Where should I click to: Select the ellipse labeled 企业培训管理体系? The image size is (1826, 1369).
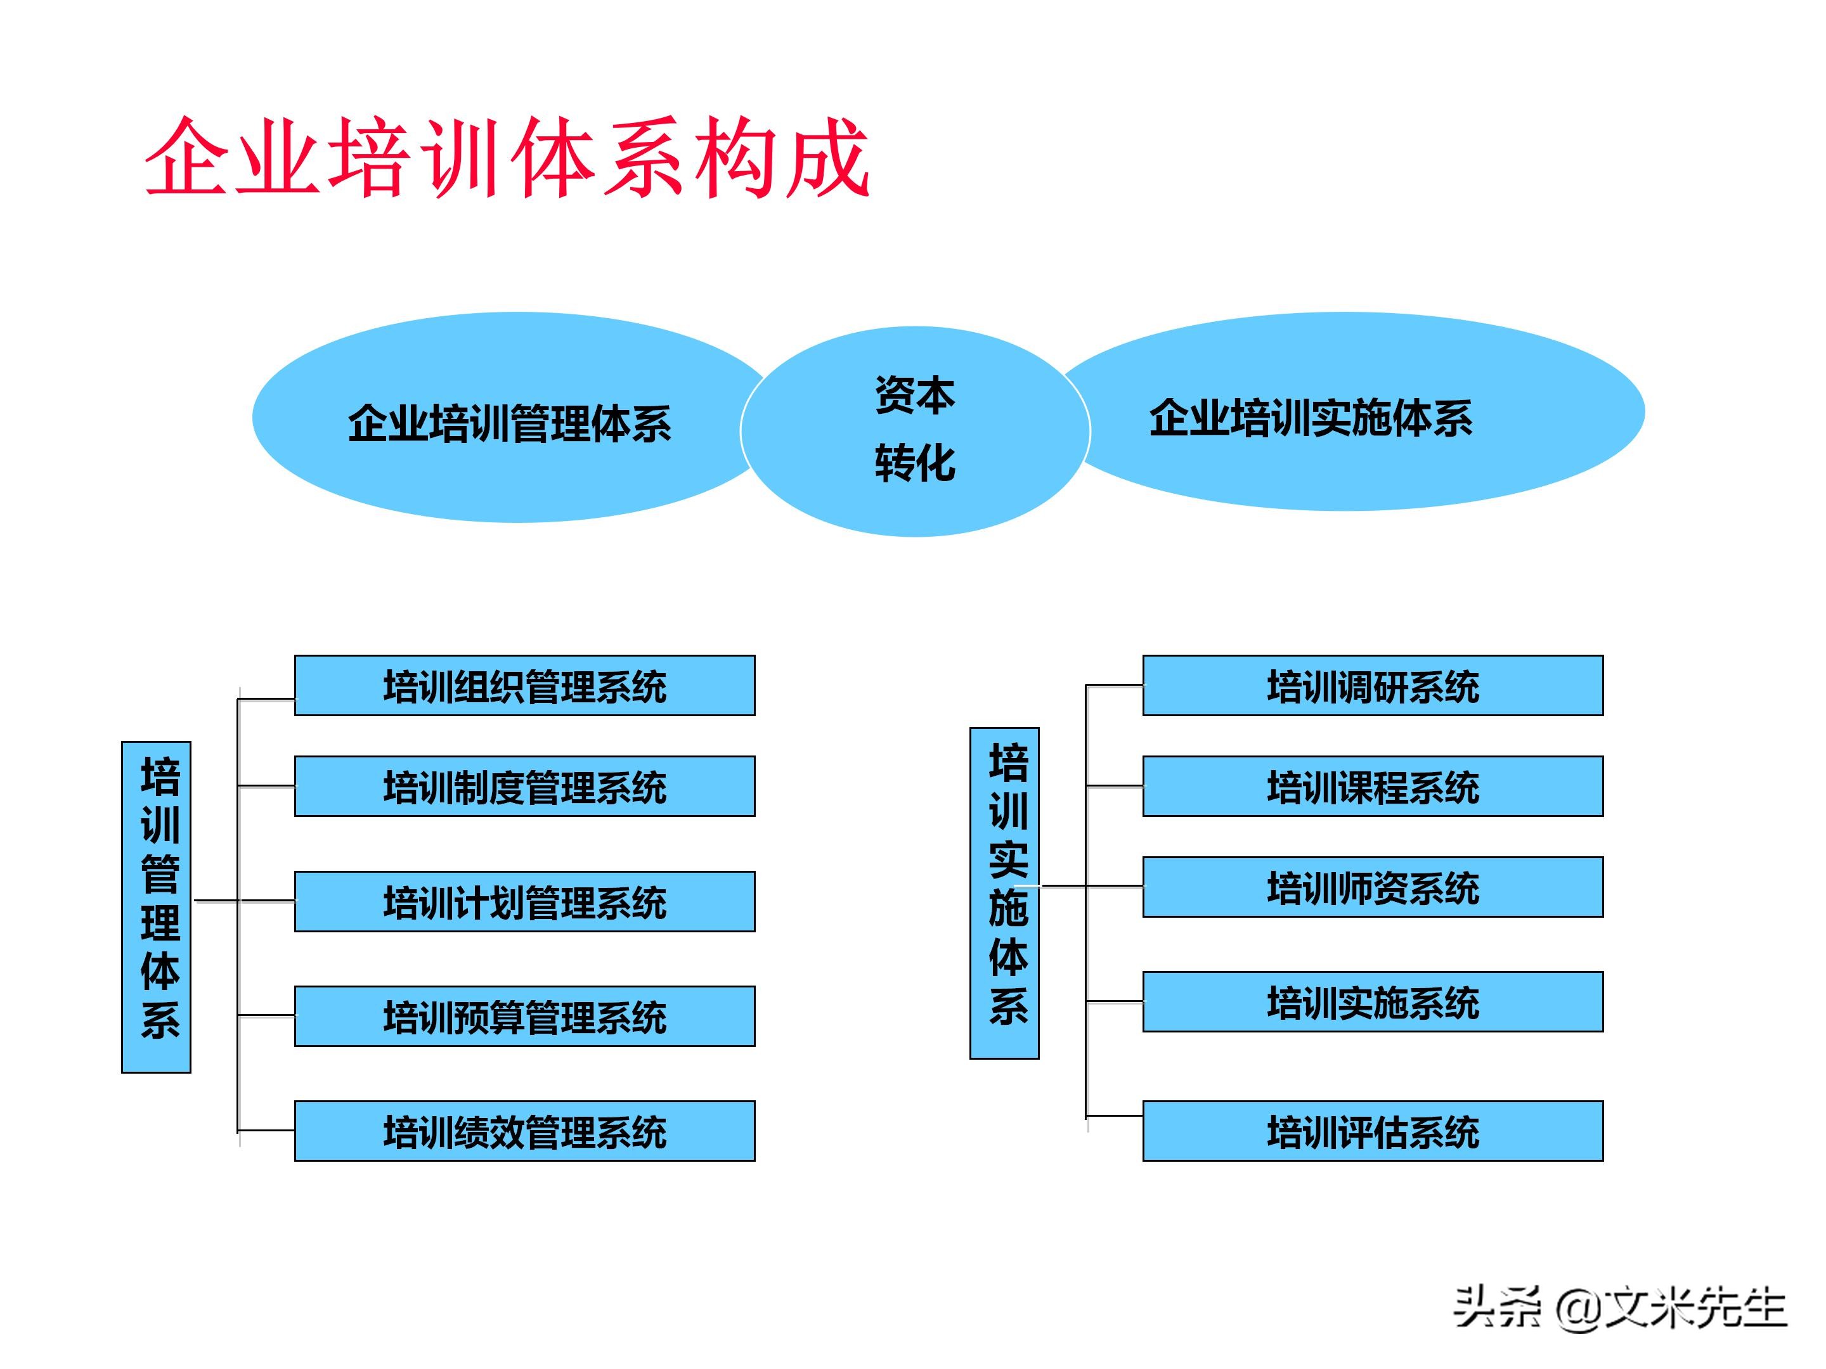click(x=508, y=423)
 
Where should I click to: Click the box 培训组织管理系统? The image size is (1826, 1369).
click(x=524, y=686)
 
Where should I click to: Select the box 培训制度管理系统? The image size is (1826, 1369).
click(x=524, y=787)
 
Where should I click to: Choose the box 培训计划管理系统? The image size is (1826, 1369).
click(x=524, y=901)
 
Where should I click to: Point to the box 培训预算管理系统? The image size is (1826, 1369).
click(x=524, y=1016)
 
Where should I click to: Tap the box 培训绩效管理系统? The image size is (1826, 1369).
click(x=524, y=1131)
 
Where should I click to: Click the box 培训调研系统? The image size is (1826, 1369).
click(x=1372, y=686)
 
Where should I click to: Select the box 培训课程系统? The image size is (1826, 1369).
click(x=1372, y=787)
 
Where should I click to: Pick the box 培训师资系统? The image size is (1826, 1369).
click(x=1372, y=887)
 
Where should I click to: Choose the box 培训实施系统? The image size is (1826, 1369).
click(x=1372, y=1002)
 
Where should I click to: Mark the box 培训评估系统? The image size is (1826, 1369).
click(x=1372, y=1131)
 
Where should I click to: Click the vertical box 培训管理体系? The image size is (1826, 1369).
click(x=156, y=907)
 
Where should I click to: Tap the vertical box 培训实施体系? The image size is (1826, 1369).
click(x=1004, y=893)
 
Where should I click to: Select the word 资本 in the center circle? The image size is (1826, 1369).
click(x=915, y=395)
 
